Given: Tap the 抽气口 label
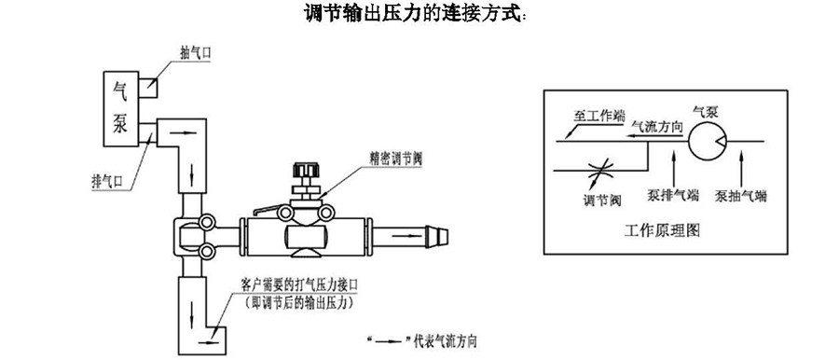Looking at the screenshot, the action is point(194,53).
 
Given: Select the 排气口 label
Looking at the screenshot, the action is point(107,182).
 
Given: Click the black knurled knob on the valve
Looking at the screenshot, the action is point(306,173).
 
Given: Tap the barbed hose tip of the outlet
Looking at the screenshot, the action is point(439,236).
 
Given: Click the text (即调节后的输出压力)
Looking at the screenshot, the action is point(301,303).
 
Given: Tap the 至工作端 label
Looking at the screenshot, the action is point(599,115).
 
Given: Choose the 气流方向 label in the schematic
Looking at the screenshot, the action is point(657,127).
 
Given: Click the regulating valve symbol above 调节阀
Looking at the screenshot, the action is point(599,172).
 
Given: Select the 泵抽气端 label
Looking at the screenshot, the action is point(741,197).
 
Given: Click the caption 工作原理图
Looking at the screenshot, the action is point(662,231).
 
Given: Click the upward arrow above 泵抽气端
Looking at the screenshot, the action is point(741,168).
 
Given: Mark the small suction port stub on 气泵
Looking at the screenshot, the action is point(147,89).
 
